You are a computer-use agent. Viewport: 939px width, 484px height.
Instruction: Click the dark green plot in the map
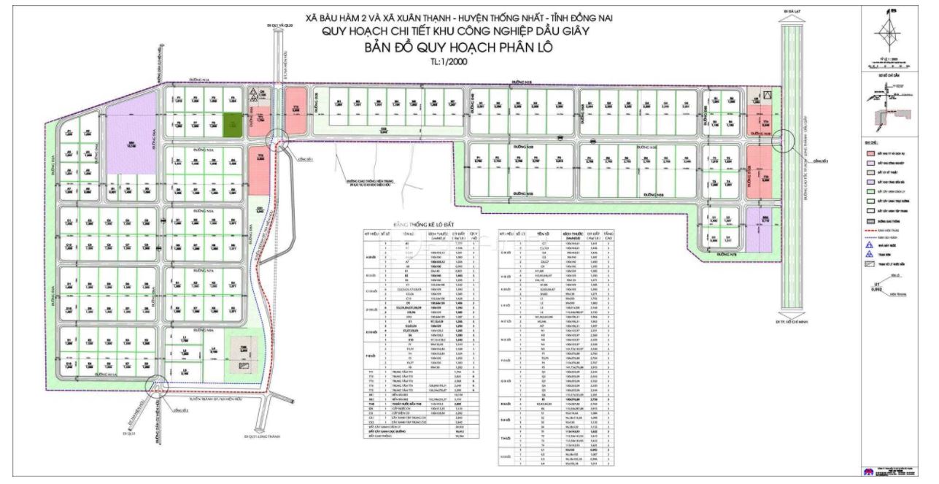pos(232,125)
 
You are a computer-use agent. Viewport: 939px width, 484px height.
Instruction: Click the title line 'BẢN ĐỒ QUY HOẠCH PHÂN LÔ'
pos(460,47)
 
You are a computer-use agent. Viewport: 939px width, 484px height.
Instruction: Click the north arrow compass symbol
pos(892,32)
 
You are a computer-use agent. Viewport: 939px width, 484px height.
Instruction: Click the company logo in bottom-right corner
pos(869,472)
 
